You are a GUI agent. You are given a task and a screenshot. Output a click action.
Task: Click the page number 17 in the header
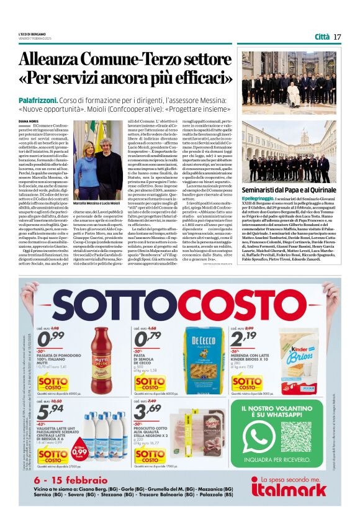click(337, 37)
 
